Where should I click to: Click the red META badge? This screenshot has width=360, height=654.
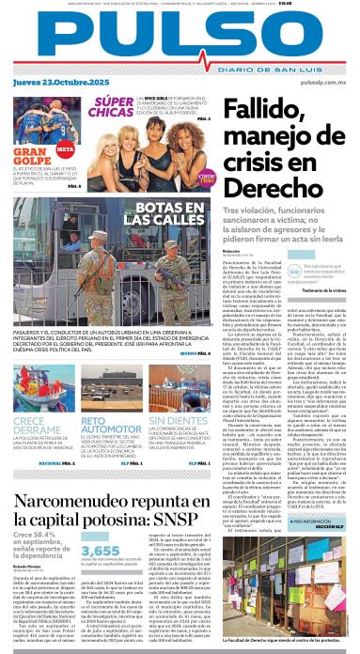(65, 149)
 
